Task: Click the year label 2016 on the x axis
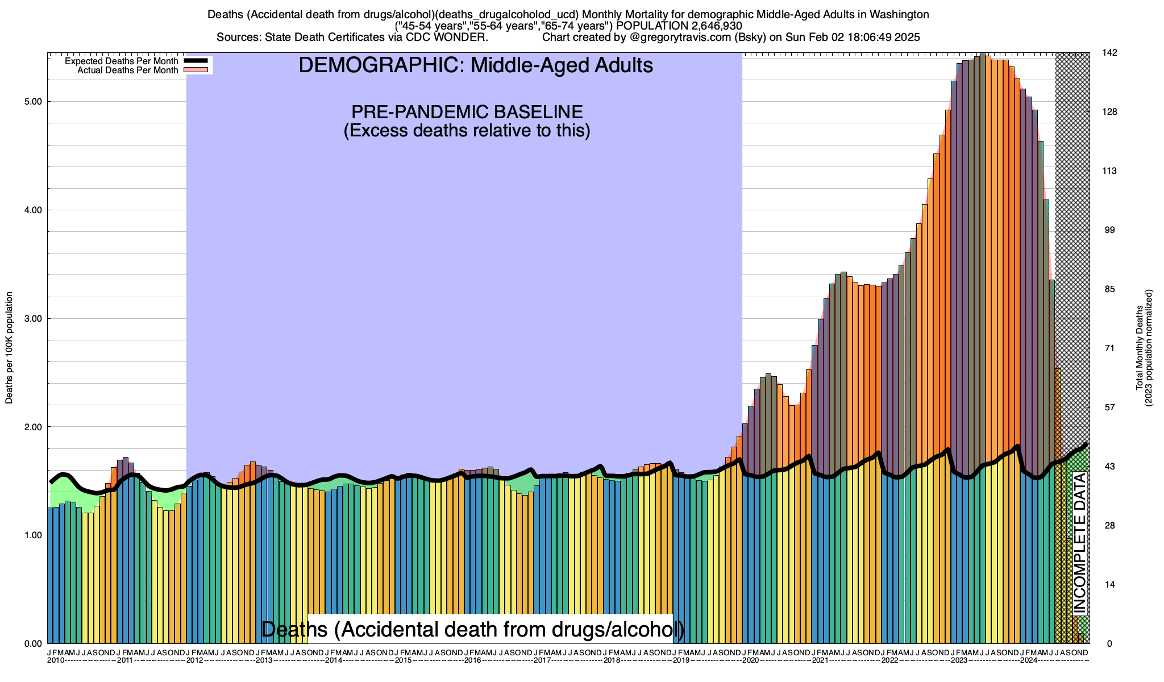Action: click(x=473, y=660)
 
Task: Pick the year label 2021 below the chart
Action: click(x=820, y=660)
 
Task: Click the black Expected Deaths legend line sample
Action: click(x=195, y=61)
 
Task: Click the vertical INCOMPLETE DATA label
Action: click(x=1079, y=543)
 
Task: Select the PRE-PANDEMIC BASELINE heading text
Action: click(x=467, y=111)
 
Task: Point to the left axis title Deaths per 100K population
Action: click(x=9, y=348)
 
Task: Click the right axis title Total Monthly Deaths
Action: click(x=1140, y=348)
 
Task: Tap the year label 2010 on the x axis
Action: click(x=56, y=660)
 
